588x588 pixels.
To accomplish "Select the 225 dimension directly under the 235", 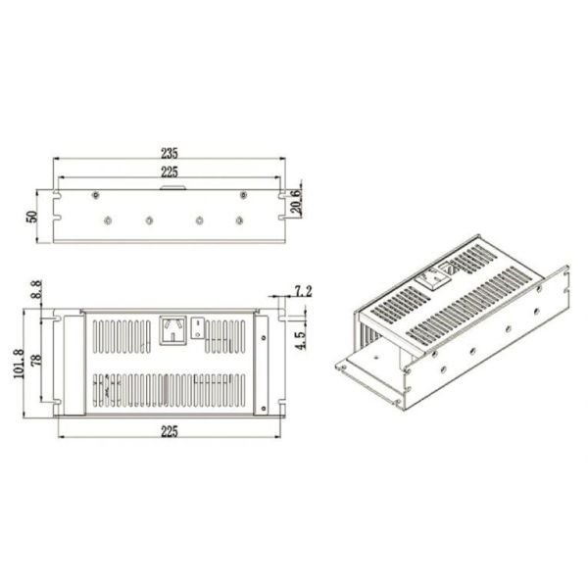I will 169,172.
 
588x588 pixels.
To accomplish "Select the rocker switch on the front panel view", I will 199,326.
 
